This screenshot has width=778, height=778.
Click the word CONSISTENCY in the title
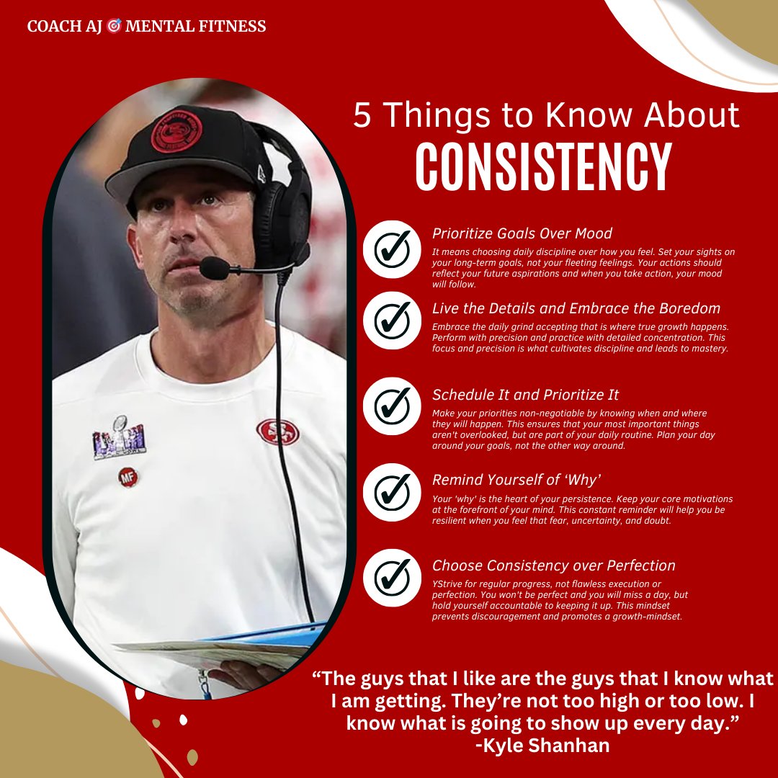point(543,168)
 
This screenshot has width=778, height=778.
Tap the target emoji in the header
point(113,27)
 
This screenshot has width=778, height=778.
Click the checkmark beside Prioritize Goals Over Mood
point(392,249)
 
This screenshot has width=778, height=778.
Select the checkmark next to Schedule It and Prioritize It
point(392,406)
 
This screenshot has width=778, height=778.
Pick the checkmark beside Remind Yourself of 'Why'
point(392,493)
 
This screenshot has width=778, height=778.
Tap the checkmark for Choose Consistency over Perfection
point(392,577)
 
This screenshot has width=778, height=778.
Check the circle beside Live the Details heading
point(392,321)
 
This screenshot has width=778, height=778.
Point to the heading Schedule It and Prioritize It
point(525,395)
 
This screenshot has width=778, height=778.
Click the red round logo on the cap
point(176,132)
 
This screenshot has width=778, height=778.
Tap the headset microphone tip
point(212,269)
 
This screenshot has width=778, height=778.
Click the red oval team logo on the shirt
point(277,432)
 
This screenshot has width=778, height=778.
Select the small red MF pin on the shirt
point(129,477)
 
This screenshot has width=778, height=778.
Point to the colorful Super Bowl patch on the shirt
point(119,438)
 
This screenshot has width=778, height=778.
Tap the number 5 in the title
point(363,117)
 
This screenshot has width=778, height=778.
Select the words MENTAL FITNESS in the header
point(195,27)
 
